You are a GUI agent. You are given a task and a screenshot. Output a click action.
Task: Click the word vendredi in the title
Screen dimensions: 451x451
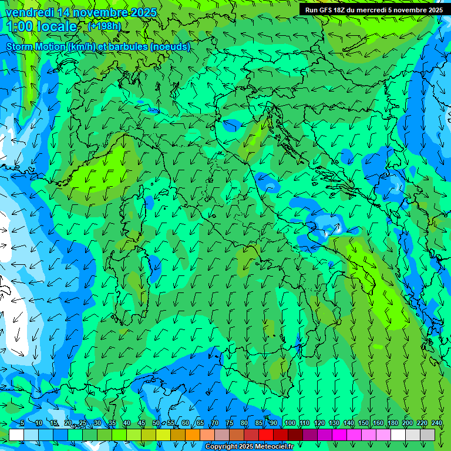(31, 12)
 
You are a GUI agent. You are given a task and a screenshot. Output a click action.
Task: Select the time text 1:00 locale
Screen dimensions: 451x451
(42, 26)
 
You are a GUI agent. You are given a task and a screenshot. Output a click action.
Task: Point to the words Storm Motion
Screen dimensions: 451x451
(36, 47)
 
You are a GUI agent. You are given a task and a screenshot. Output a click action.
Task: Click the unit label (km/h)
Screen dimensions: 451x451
(82, 47)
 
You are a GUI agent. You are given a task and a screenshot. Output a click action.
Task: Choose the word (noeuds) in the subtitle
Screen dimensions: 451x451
(170, 47)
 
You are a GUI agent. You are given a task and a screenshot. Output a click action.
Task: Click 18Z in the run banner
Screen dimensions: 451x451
(344, 10)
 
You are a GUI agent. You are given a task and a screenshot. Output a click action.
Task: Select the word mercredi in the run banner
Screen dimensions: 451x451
(376, 10)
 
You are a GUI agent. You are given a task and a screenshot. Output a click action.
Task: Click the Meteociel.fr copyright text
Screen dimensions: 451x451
(250, 447)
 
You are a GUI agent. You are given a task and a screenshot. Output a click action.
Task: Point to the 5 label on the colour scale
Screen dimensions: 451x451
(22, 423)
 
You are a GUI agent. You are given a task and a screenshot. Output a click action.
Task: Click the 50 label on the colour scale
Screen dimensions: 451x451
(156, 423)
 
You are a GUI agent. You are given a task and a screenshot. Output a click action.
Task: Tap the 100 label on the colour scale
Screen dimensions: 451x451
(290, 423)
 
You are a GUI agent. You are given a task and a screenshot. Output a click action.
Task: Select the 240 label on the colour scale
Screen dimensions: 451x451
(436, 423)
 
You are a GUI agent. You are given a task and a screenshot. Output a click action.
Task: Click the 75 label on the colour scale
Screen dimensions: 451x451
(229, 423)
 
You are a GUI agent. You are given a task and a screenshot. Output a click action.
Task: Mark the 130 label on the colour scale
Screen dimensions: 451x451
(334, 423)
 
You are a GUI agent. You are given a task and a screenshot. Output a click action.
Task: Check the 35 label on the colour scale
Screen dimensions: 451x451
(112, 423)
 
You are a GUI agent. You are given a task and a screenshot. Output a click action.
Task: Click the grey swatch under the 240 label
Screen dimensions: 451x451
(428, 435)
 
